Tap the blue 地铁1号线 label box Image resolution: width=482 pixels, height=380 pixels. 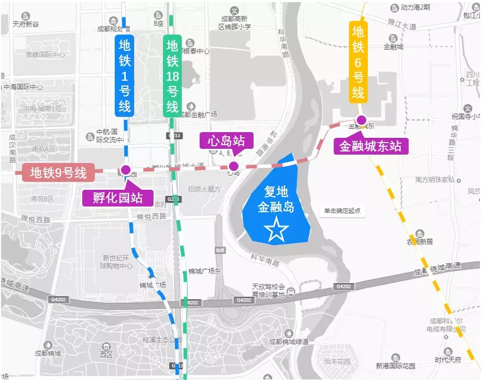pyautogui.click(x=125, y=75)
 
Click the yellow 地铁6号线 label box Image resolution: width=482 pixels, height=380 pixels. pyautogui.click(x=358, y=62)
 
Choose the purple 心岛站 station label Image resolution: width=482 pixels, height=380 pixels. pyautogui.click(x=226, y=141)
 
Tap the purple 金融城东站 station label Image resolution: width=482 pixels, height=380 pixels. pyautogui.click(x=370, y=146)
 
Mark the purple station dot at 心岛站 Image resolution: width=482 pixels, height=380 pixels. pyautogui.click(x=234, y=166)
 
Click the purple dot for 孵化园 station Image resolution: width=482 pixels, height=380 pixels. pyautogui.click(x=126, y=169)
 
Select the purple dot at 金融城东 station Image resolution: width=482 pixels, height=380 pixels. pyautogui.click(x=361, y=119)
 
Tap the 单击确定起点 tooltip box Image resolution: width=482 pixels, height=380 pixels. pyautogui.click(x=342, y=211)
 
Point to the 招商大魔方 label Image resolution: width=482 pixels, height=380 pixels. pyautogui.click(x=205, y=189)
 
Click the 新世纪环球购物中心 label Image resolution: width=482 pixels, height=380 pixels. pyautogui.click(x=117, y=262)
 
